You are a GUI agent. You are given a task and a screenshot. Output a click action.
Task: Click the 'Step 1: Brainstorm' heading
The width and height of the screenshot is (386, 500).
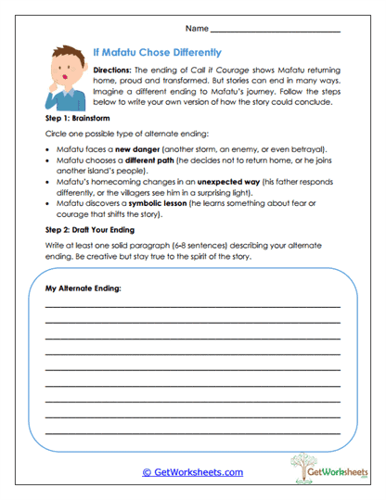tap(77, 121)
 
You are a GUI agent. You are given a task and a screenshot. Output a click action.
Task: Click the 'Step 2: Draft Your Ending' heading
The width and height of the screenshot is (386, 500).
tap(90, 254)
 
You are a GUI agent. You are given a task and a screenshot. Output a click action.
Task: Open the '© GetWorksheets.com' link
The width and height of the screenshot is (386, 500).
tap(192, 472)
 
